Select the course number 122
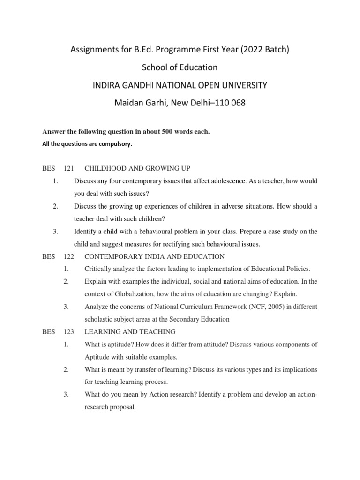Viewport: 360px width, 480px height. tap(69, 256)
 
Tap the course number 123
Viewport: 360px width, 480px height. tap(69, 332)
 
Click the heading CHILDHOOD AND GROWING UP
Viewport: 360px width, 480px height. tap(137, 168)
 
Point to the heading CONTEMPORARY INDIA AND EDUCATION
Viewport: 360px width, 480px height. tap(154, 256)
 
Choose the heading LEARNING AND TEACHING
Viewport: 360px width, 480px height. tap(130, 332)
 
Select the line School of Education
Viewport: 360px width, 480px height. tap(180, 67)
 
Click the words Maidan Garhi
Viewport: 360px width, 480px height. tap(138, 103)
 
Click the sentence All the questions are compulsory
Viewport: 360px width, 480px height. tap(87, 144)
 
